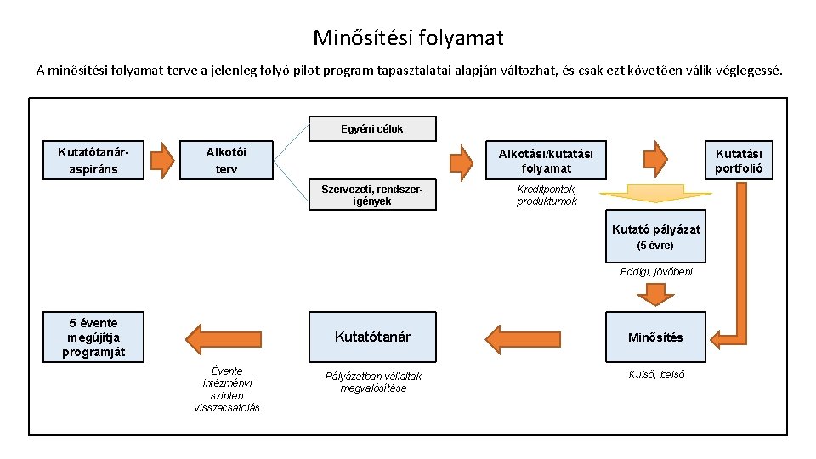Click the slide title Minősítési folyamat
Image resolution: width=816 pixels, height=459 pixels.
408,38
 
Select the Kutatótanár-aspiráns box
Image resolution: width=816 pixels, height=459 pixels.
88,160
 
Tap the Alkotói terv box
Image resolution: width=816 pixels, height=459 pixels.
227,160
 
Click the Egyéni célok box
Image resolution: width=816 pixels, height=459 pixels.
371,128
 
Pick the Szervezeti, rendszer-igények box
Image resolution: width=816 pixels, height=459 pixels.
371,195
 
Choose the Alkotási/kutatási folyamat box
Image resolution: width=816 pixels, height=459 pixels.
546,160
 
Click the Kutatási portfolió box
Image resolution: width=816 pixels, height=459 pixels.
739,160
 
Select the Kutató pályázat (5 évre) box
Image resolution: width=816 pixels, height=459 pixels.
655,236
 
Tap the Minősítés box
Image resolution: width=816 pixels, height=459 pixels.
655,337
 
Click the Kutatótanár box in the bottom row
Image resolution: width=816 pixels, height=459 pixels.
372,337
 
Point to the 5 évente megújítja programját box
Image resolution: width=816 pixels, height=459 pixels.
94,337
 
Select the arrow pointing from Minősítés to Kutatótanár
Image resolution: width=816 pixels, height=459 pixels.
514,337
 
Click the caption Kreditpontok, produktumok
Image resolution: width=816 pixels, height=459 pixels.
547,195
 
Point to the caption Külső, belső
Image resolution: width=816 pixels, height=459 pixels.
655,375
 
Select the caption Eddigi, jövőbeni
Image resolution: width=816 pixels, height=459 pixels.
655,271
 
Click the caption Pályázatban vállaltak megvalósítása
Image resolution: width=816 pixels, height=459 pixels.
374,382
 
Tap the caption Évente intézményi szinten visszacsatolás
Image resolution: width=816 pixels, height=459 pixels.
227,389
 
